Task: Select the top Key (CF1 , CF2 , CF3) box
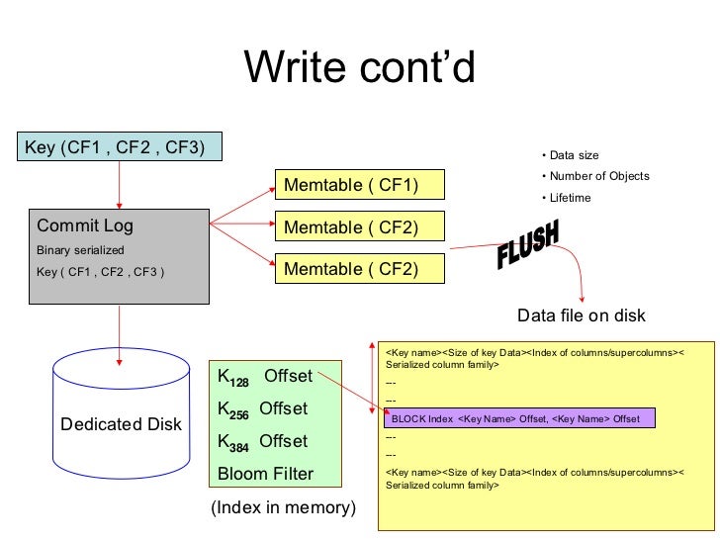tap(119, 147)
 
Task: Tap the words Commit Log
tap(85, 225)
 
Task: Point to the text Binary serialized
tap(80, 250)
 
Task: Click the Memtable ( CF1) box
tap(360, 185)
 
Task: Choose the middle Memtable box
tap(360, 227)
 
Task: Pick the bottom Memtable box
tap(360, 269)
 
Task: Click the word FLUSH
tap(528, 248)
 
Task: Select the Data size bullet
tap(570, 155)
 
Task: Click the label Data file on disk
tap(582, 315)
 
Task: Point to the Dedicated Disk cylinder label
tap(121, 424)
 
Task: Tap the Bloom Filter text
tap(265, 474)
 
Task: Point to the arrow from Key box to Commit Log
tap(120, 183)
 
